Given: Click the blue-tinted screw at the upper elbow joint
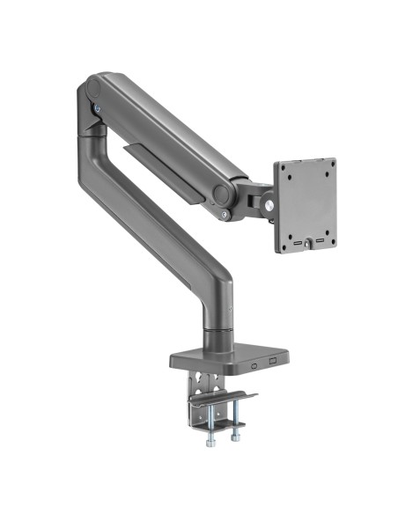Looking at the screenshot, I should tap(97, 108).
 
